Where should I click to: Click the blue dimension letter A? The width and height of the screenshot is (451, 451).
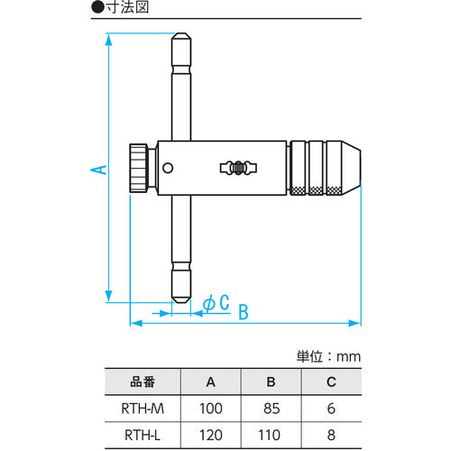[x=98, y=170]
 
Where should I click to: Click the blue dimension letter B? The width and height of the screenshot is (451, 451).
[x=244, y=312]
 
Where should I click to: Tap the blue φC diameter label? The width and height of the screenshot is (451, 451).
[x=216, y=302]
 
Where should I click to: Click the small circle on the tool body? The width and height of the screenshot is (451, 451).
[x=168, y=168]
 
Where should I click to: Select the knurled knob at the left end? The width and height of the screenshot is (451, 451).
[x=139, y=168]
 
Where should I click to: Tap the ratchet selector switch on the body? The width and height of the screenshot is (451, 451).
[x=238, y=168]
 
